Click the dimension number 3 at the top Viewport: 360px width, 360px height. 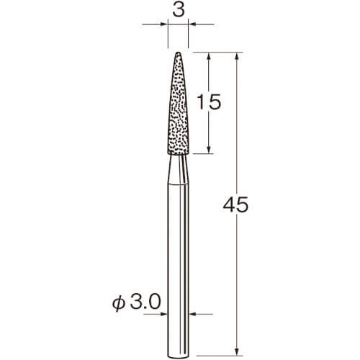tap(179, 10)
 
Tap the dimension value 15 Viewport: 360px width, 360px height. tap(209, 102)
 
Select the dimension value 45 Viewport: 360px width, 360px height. tap(235, 204)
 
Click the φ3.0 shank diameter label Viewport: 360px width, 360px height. tap(136, 302)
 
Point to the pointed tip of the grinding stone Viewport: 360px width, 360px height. tap(179, 53)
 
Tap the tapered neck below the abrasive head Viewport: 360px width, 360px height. tap(178, 169)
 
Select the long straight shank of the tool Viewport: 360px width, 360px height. tap(178, 270)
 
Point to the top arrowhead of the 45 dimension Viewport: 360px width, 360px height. tap(237, 56)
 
